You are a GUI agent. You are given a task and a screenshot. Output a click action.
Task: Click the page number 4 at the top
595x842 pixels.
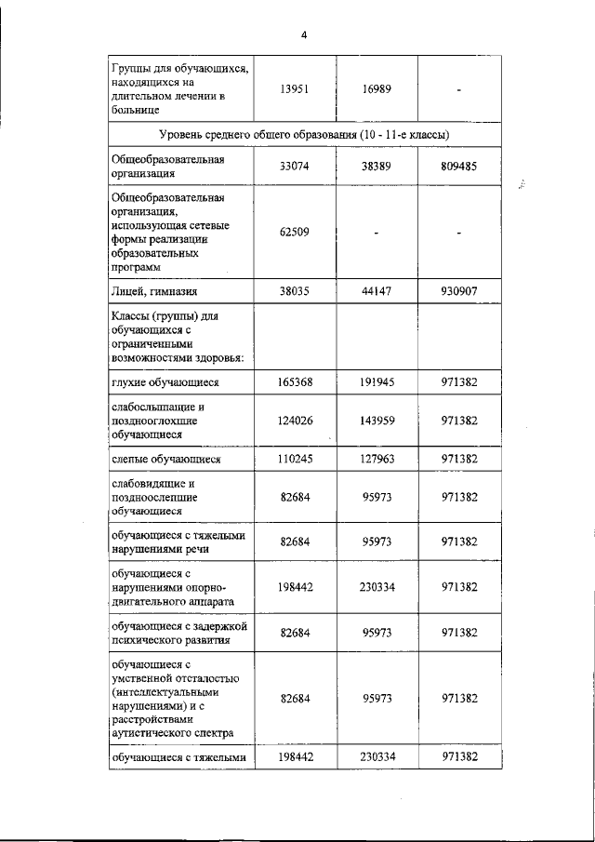(x=303, y=35)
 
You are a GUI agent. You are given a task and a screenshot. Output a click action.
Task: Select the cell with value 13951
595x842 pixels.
(x=295, y=89)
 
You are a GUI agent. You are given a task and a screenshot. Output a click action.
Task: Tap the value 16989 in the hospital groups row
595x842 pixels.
(x=377, y=89)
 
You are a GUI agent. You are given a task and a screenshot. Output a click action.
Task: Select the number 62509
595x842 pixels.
(x=295, y=233)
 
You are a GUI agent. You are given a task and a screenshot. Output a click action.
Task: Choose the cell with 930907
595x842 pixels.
(x=459, y=291)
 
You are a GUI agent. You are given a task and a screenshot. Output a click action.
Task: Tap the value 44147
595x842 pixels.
(x=377, y=291)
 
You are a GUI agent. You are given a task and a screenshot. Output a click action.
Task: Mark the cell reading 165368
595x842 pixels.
(x=295, y=382)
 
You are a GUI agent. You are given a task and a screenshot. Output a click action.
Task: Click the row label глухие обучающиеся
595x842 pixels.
(x=165, y=382)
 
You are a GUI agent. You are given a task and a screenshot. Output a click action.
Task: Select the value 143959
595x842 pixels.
(x=377, y=421)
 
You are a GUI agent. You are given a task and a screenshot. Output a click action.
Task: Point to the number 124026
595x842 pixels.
(x=295, y=421)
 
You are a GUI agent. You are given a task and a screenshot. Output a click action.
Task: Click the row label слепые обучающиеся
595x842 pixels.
(x=165, y=459)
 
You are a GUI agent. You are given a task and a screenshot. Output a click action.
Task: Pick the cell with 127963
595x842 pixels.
(x=377, y=459)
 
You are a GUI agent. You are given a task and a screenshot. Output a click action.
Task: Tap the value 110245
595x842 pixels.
(x=295, y=459)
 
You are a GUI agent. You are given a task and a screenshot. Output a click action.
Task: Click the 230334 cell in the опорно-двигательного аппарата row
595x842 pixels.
(x=377, y=587)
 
